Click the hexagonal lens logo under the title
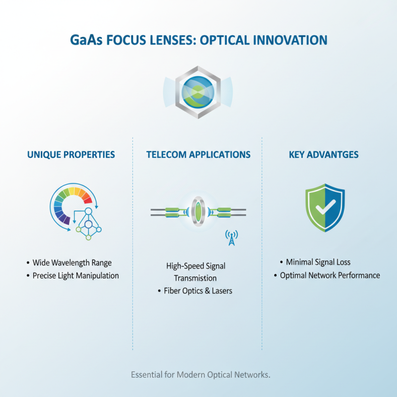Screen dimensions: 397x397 [x=198, y=92]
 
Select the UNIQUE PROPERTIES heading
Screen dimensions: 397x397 [x=71, y=155]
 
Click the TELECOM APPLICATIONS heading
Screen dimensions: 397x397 [x=198, y=155]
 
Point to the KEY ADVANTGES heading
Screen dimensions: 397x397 [x=325, y=155]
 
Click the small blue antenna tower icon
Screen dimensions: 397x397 [x=231, y=238]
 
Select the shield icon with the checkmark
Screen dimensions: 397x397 [x=325, y=207]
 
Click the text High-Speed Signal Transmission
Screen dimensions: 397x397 [x=196, y=272]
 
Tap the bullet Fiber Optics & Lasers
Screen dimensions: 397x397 [x=198, y=291]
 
